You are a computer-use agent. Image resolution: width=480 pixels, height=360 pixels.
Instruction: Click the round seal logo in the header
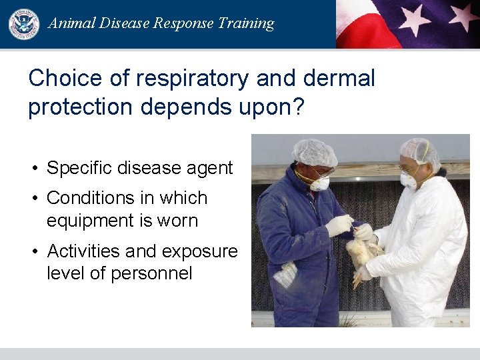(24, 24)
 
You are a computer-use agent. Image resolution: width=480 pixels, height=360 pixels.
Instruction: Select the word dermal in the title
(339, 79)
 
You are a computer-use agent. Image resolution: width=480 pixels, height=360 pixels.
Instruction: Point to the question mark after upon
(297, 107)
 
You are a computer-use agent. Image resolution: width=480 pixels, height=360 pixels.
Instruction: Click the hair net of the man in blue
(315, 153)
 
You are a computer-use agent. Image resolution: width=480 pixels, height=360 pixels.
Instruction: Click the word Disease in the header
(125, 23)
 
